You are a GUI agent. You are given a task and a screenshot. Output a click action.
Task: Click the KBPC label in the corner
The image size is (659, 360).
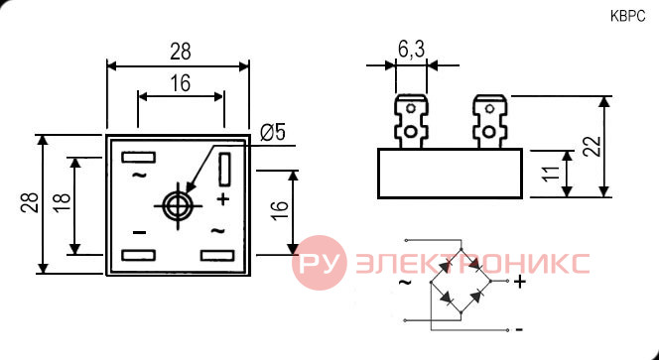pos(627,17)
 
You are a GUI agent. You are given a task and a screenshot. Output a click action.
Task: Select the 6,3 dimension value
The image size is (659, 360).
pos(411,50)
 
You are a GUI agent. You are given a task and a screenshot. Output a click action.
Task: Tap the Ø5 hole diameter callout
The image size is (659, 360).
pos(273,133)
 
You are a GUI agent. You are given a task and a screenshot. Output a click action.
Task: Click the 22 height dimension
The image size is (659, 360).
pos(592,146)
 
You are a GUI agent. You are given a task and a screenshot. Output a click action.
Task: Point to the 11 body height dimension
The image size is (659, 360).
pos(552,173)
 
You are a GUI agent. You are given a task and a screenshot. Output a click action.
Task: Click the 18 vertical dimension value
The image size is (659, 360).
pos(63,203)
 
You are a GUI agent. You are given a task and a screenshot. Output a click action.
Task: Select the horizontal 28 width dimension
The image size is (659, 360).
pos(181,52)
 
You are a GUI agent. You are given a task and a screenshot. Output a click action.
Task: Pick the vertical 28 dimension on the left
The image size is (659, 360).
pos(30,203)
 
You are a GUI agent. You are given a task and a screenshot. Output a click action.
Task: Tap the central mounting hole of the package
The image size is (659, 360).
pos(179,206)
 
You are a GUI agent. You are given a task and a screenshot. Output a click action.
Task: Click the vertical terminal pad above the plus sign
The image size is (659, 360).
pos(225,170)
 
